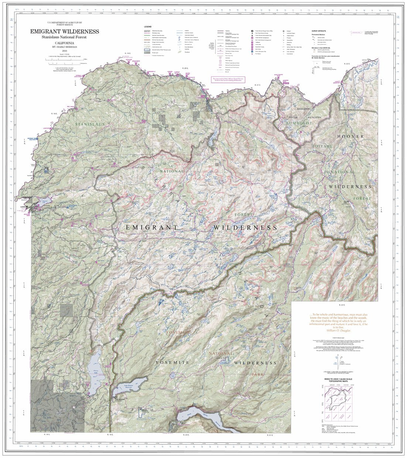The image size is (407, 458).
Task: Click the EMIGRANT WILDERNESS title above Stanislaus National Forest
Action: coord(65,31)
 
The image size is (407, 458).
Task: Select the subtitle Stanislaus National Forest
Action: coord(65,38)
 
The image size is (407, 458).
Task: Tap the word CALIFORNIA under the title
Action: coord(65,44)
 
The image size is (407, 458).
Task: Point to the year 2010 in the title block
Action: coord(65,51)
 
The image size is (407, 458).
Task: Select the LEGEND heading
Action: coord(148,27)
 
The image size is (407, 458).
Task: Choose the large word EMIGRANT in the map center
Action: coord(151,228)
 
